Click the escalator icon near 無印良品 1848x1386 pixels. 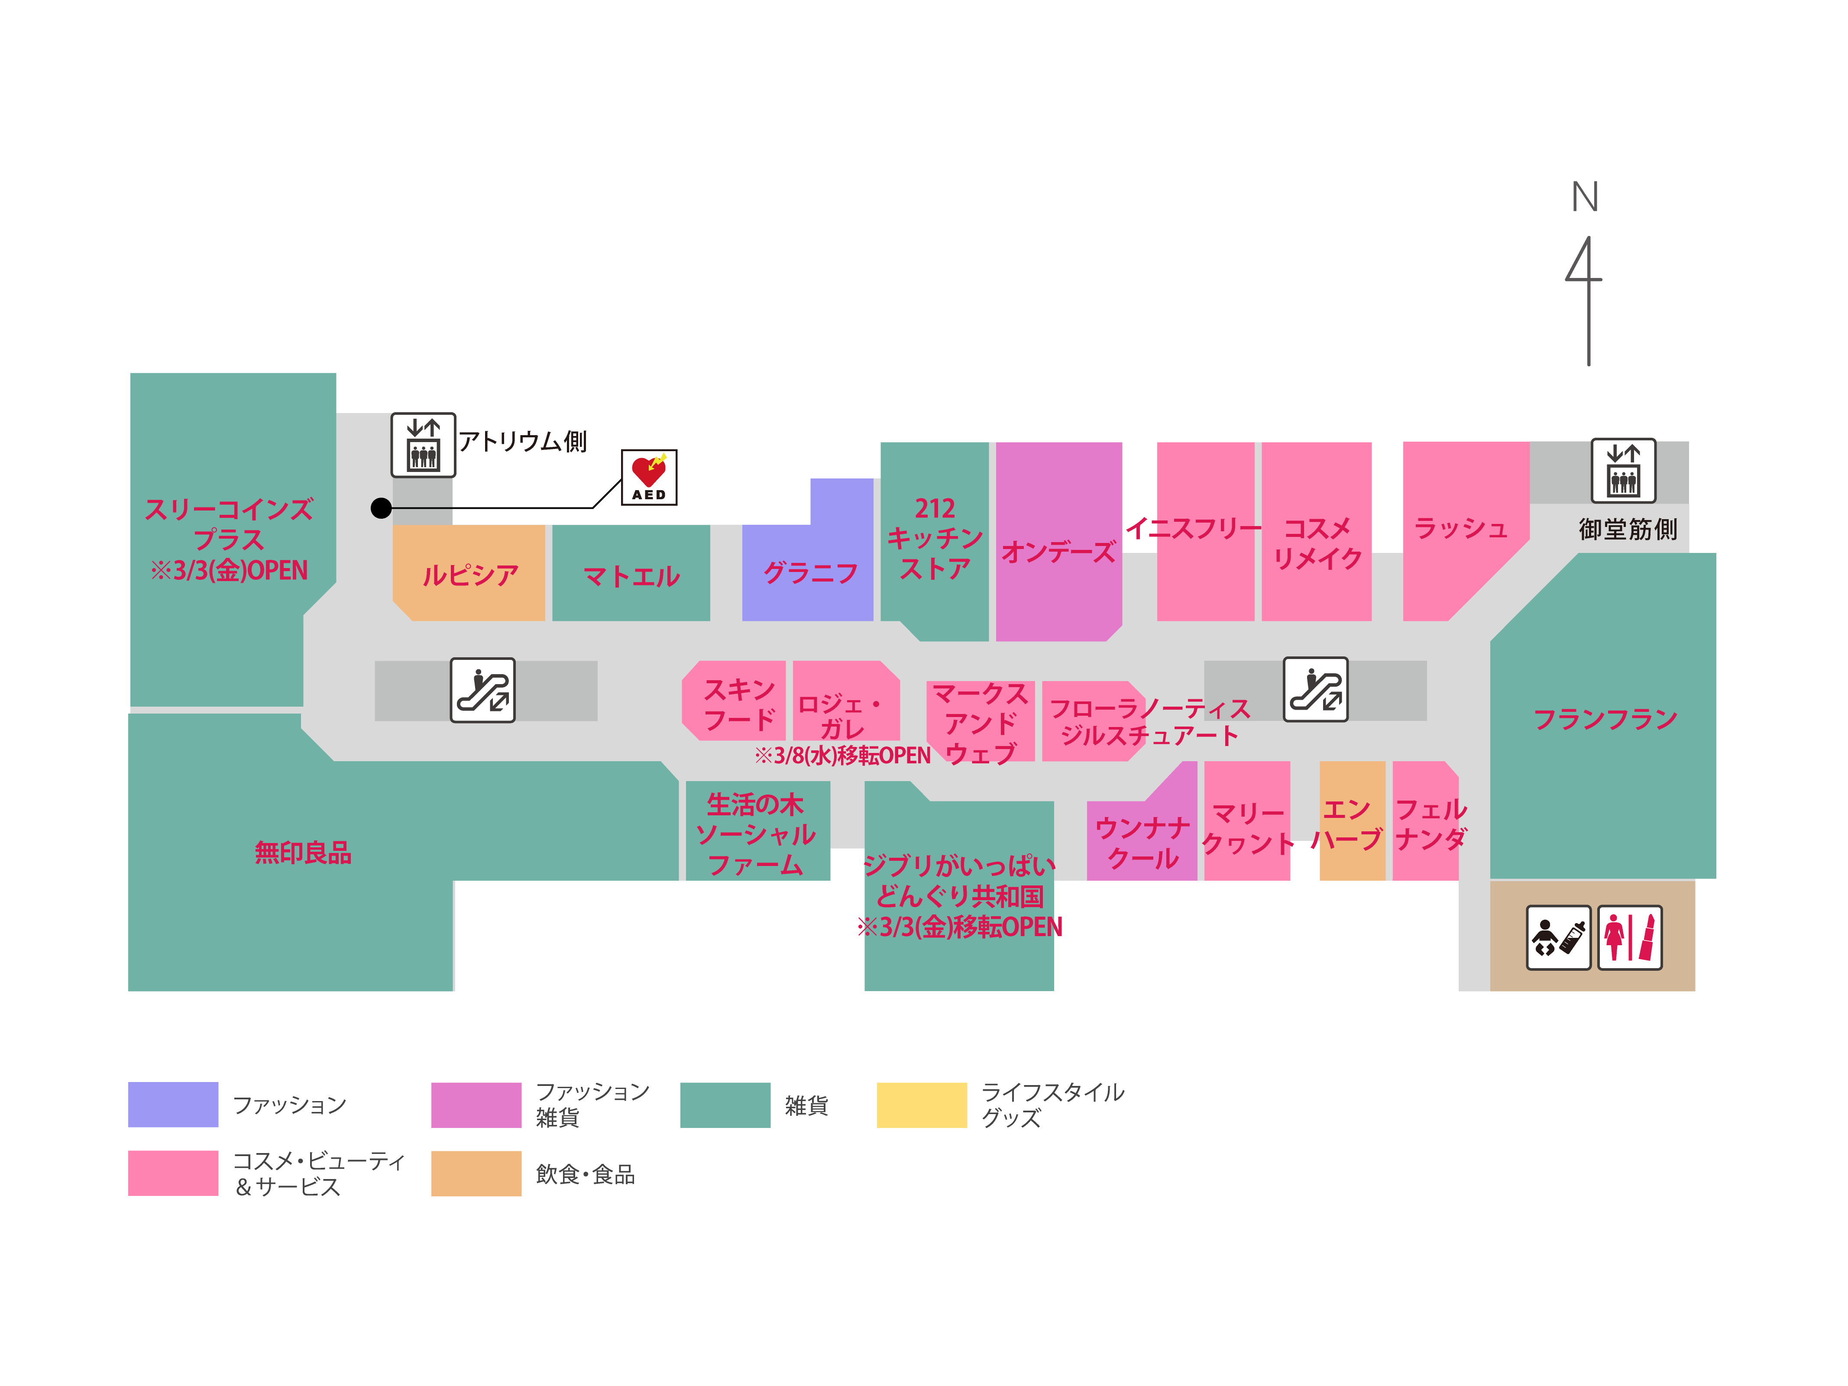click(x=483, y=690)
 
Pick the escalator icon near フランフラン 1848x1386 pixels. click(x=1316, y=689)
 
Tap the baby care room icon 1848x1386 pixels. click(x=1558, y=937)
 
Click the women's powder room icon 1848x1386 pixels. click(x=1629, y=937)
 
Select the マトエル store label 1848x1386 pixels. click(x=631, y=575)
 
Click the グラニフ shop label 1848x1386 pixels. click(x=810, y=573)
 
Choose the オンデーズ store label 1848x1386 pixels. click(x=1058, y=551)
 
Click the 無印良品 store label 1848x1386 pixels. click(x=302, y=852)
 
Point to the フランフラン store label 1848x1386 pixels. click(x=1605, y=718)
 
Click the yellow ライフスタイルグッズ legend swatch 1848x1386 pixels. click(x=922, y=1105)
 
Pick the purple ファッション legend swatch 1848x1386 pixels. click(x=173, y=1105)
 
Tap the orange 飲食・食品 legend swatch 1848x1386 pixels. click(x=476, y=1173)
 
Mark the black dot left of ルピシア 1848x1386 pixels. click(x=381, y=508)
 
